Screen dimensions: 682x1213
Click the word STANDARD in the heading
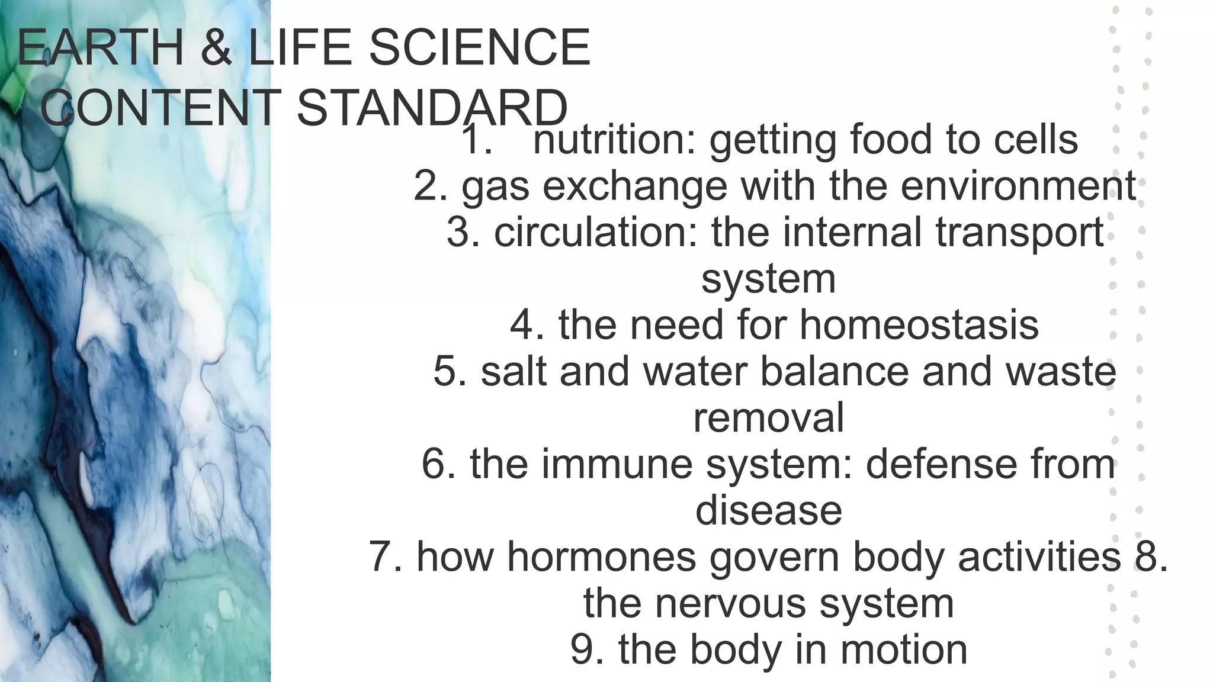(x=432, y=108)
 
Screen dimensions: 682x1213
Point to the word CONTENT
(x=160, y=108)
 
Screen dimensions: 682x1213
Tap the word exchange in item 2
(x=634, y=186)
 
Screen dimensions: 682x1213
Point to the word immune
(x=617, y=464)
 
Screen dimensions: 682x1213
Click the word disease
(x=768, y=510)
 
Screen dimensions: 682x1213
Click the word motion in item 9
(x=903, y=649)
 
